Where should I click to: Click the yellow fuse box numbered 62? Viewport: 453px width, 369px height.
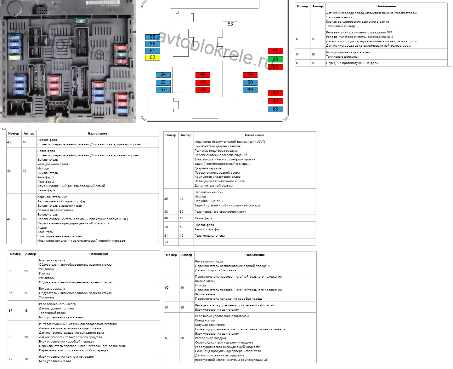[x=152, y=58]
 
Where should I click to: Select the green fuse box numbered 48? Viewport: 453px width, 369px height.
[x=275, y=59]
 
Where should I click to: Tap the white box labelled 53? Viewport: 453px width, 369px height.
[x=230, y=24]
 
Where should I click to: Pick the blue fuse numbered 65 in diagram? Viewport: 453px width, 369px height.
[x=275, y=109]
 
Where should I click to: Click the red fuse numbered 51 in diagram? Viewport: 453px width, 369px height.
[x=275, y=51]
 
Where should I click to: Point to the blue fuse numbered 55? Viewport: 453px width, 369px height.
[x=152, y=37]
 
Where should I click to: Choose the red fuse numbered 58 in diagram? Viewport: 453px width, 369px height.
[x=203, y=90]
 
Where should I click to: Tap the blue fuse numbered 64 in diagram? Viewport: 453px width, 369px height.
[x=163, y=75]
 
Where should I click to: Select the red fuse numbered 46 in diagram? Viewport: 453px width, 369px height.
[x=203, y=75]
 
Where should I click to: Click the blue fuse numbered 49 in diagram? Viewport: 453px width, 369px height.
[x=250, y=90]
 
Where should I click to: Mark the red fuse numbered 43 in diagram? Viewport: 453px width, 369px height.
[x=275, y=93]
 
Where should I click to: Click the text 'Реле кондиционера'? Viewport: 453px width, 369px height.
[x=209, y=236]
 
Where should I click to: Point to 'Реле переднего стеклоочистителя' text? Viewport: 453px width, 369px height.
[x=220, y=212]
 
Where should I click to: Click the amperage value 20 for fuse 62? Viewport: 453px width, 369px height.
[x=182, y=338]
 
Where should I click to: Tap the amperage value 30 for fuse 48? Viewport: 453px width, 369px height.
[x=181, y=212]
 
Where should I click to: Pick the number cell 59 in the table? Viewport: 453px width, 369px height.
[x=10, y=359]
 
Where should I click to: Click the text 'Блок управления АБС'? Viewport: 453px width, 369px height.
[x=55, y=361]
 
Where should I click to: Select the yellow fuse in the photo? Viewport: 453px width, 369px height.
[x=14, y=58]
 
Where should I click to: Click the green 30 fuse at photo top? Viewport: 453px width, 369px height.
[x=81, y=21]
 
